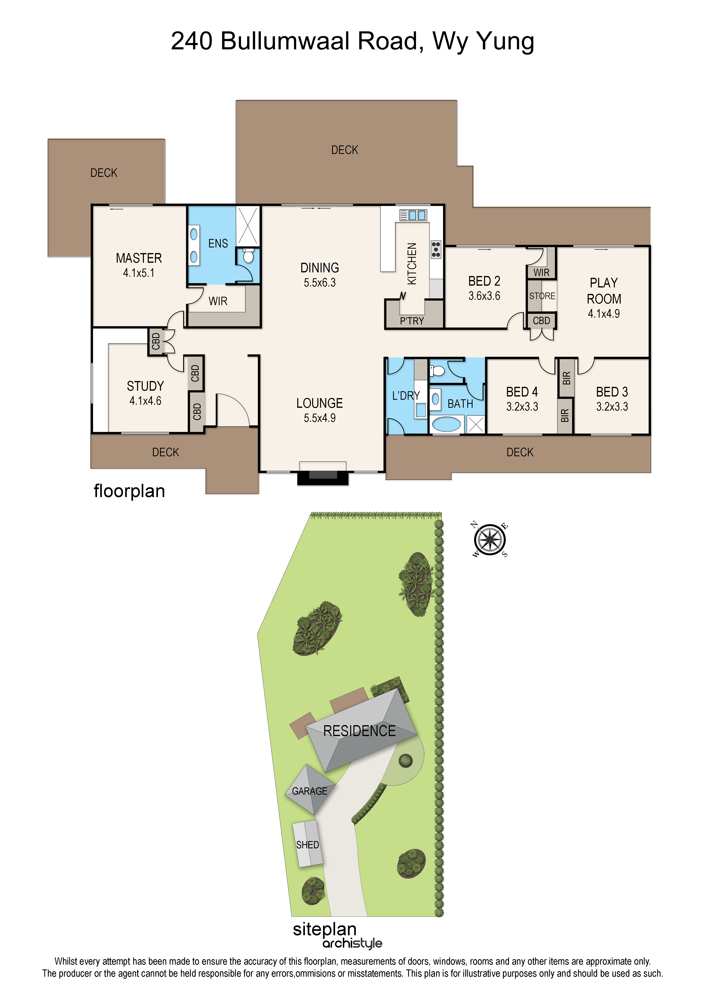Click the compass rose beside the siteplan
tap(490, 540)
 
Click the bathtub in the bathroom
tap(446, 424)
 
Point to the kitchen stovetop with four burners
tap(436, 249)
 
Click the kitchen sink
tap(413, 215)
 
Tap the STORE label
tap(542, 296)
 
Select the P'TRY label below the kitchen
tap(412, 321)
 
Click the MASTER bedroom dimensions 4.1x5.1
tap(139, 273)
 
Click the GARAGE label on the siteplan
tap(310, 791)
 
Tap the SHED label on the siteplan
tap(307, 845)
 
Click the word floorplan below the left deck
tap(130, 491)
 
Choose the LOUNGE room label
tap(320, 403)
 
